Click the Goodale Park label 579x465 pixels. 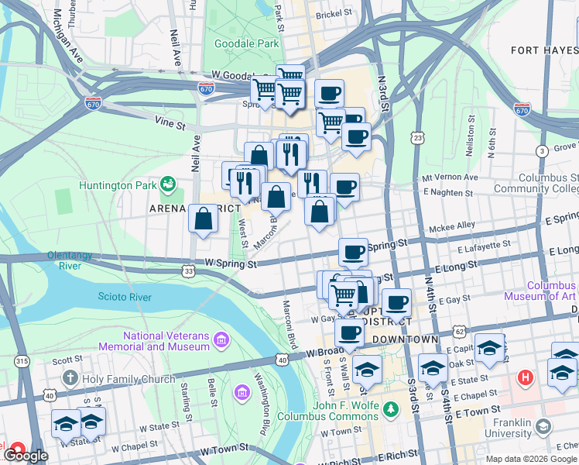[x=246, y=44]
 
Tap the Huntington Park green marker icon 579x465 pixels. [x=167, y=184]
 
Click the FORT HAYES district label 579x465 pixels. [x=544, y=50]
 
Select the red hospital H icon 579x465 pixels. [x=526, y=378]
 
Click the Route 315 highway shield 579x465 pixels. [x=22, y=361]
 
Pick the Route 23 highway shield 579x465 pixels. [x=418, y=137]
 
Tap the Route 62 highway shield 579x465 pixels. [x=458, y=331]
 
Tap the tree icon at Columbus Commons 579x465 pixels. [x=392, y=408]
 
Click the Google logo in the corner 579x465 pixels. [x=25, y=456]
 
